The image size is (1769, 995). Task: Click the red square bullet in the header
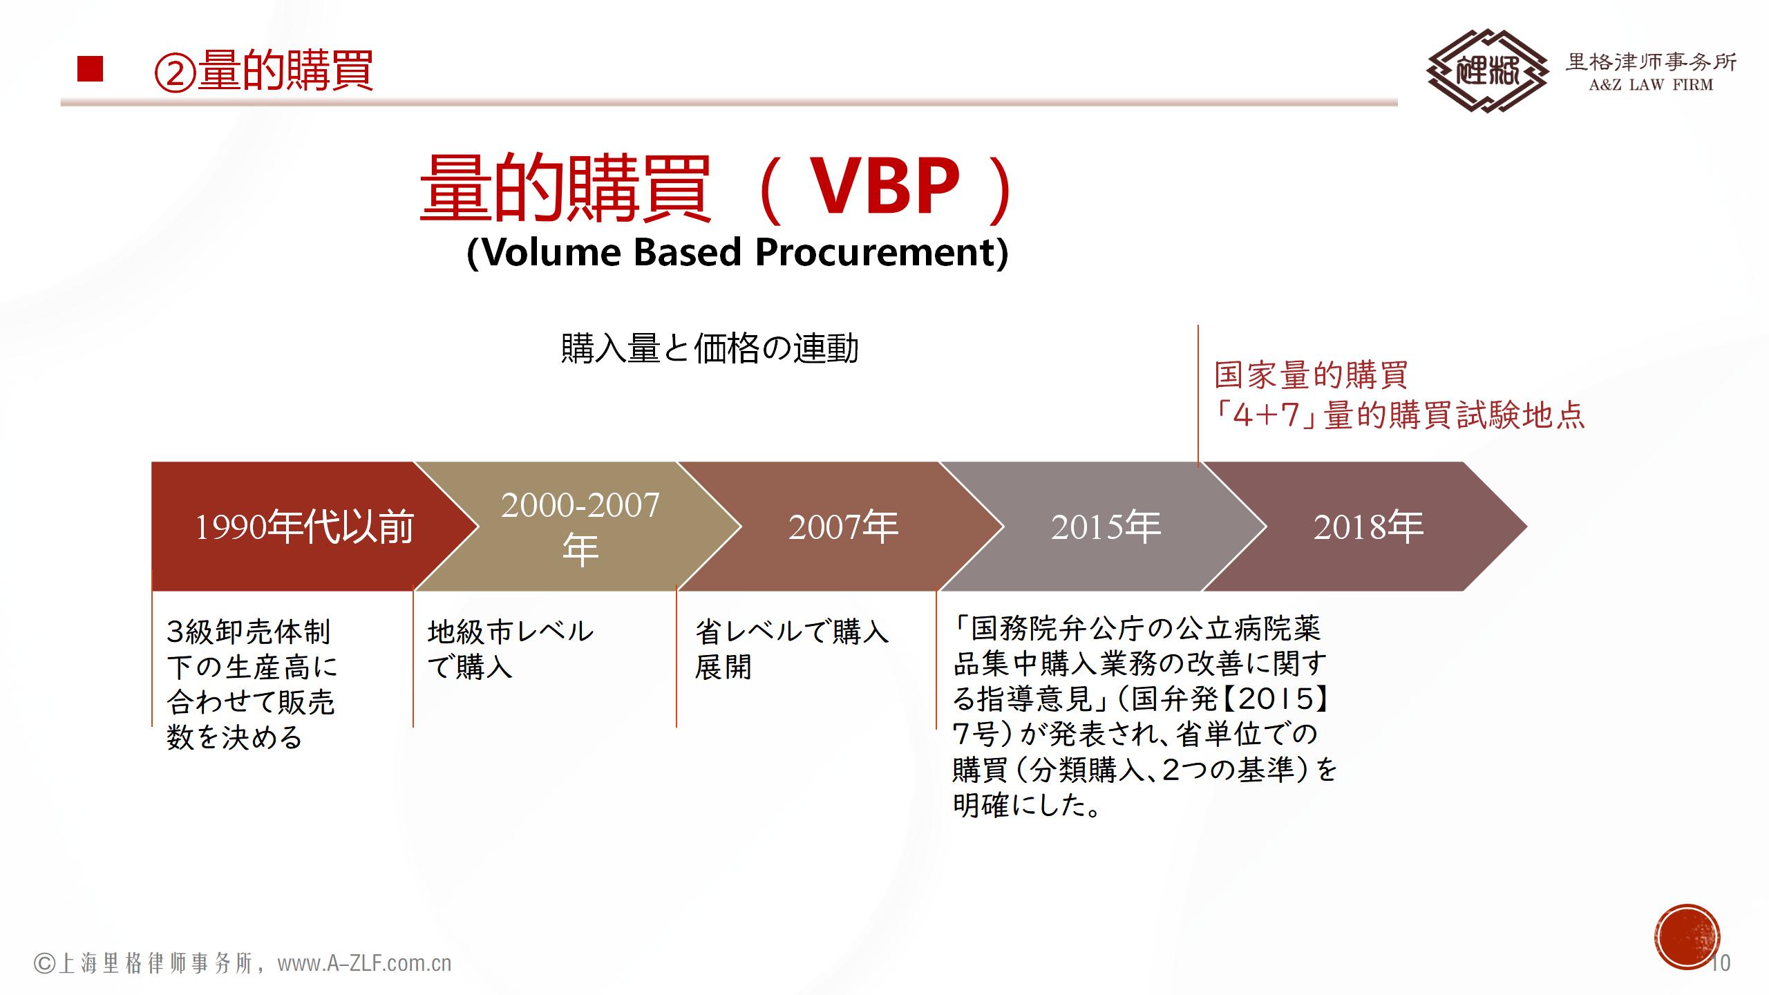(x=90, y=69)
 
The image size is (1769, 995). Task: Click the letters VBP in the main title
(x=884, y=187)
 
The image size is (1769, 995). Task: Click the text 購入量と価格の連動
(x=710, y=348)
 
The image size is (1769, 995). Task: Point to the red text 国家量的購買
(x=1311, y=375)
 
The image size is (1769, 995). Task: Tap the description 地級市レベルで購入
(x=511, y=649)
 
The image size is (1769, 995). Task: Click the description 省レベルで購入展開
(x=792, y=649)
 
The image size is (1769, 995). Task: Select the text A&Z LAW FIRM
(x=1651, y=86)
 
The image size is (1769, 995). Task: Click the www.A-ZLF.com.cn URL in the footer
(x=364, y=963)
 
